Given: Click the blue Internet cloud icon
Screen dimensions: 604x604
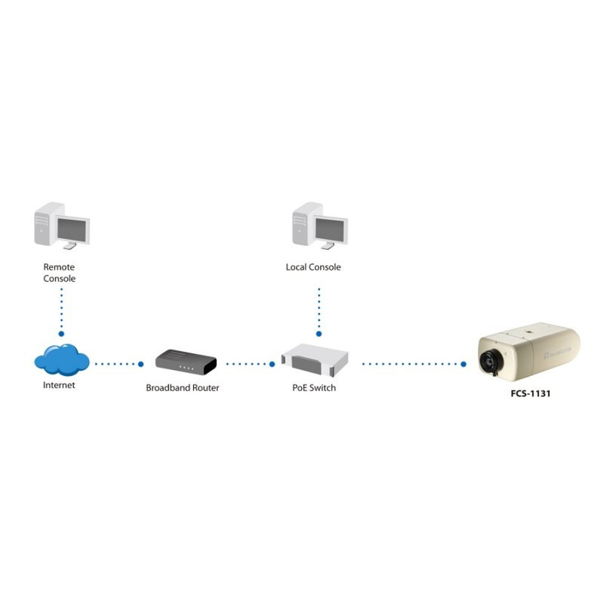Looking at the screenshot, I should [61, 359].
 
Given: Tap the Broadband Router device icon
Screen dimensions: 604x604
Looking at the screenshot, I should [186, 361].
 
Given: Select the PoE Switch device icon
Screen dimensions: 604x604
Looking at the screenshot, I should [314, 359].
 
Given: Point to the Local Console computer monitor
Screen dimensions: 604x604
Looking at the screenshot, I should [330, 229].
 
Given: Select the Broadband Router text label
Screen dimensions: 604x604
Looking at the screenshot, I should [183, 388].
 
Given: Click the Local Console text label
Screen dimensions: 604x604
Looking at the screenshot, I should [313, 267].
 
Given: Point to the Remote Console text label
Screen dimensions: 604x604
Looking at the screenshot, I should [59, 273].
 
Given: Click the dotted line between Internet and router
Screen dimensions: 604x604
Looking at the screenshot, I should [116, 364].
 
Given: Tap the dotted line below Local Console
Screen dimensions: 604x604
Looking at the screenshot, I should [319, 310].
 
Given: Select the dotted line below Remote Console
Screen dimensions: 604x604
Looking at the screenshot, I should [61, 310].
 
